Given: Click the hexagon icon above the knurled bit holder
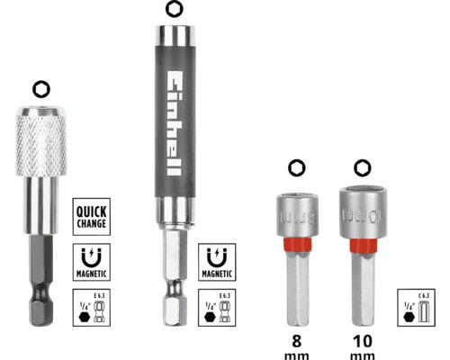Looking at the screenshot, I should (39, 89).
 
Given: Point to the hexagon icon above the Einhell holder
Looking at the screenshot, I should (172, 10).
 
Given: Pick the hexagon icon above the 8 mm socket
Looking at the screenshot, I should (296, 167).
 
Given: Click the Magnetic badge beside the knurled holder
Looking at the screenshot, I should (93, 260).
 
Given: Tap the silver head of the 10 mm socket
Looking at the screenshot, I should (361, 212).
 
